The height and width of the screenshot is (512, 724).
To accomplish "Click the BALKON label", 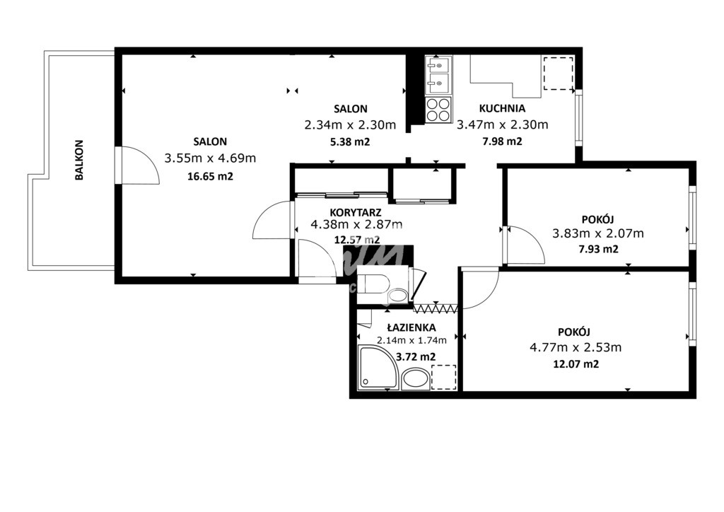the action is point(79,161).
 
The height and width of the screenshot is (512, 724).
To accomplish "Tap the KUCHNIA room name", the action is point(502,108).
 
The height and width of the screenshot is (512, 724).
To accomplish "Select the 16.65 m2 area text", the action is point(210,176).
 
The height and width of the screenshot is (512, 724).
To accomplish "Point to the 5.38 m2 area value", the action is point(350,141).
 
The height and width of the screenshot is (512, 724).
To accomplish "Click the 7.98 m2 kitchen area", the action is point(502,141).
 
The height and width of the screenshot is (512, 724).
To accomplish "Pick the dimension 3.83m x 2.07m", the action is point(598,233).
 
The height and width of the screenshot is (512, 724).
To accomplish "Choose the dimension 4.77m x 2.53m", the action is point(576,347).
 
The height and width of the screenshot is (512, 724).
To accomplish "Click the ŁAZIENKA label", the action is point(411,327).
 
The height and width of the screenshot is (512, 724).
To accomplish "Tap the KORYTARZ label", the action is point(356,212).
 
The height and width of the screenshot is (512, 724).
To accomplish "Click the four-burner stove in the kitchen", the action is point(438,110).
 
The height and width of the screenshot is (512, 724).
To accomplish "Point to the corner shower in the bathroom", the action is point(378,368).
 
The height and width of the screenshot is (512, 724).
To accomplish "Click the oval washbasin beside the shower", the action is point(416,379).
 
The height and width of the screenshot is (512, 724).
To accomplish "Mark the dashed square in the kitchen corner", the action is point(559,74).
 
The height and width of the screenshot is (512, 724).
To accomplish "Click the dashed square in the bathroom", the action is point(444,377).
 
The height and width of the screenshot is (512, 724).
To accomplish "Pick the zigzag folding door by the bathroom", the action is point(436,308).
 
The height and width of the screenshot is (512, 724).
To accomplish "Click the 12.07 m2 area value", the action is point(576,364).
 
